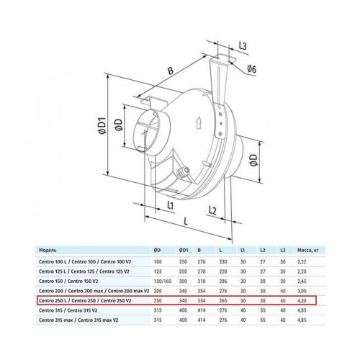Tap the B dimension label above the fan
coord(170,71)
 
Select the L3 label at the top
coord(243,45)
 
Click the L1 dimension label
coord(170,205)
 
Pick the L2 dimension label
coord(212,210)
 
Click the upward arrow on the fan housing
coord(199,123)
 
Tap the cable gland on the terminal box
coord(182,171)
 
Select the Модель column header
coord(48,251)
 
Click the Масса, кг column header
coord(308,251)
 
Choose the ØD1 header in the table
coord(184,251)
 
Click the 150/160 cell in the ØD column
coord(163,282)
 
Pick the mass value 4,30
coord(302,301)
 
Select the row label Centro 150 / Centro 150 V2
coord(68,282)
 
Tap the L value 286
coord(223,282)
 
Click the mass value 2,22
coord(302,262)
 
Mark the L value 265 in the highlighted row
coord(223,301)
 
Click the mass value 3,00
coord(302,291)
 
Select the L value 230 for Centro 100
coord(223,262)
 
